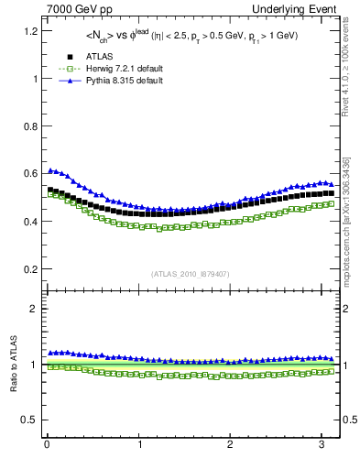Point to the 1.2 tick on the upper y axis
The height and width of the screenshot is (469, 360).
click(30, 31)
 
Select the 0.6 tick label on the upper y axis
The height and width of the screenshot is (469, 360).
click(30, 174)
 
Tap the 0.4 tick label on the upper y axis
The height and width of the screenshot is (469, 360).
click(30, 222)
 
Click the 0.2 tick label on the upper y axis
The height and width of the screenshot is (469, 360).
click(30, 269)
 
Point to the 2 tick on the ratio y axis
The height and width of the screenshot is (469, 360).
click(34, 309)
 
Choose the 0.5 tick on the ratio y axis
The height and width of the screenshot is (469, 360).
click(30, 420)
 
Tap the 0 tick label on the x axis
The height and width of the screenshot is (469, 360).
click(47, 445)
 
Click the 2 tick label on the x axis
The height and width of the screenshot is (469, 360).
click(231, 445)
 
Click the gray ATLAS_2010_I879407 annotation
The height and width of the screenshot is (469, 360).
click(191, 274)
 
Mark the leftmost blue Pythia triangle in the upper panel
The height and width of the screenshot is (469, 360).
click(50, 170)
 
